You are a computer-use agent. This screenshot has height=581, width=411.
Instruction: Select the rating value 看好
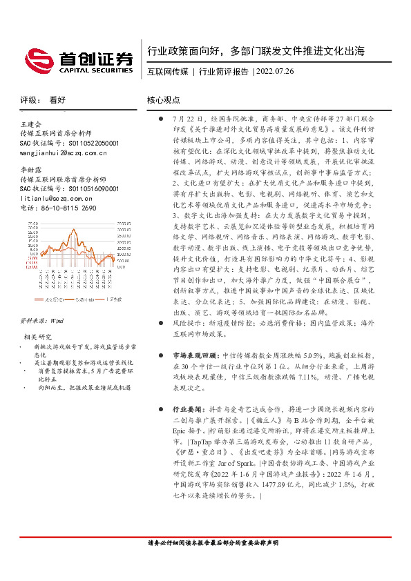(58, 99)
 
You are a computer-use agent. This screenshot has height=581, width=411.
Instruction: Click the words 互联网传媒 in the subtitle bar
(168, 72)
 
